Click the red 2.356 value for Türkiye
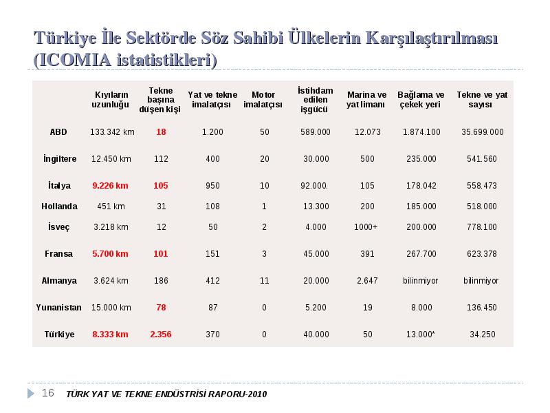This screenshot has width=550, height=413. click(x=161, y=335)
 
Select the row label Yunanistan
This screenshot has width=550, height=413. click(x=58, y=308)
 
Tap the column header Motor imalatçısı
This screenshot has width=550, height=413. click(x=263, y=100)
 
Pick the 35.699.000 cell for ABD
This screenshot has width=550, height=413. click(x=483, y=132)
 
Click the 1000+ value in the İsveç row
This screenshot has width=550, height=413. click(x=366, y=227)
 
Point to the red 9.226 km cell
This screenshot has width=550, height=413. click(x=110, y=186)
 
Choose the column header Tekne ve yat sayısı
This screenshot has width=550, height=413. click(x=482, y=100)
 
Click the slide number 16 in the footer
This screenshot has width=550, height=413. click(x=47, y=393)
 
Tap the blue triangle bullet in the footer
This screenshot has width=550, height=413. click(x=31, y=393)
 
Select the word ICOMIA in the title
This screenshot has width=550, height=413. click(x=75, y=60)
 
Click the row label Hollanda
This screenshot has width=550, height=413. click(x=59, y=206)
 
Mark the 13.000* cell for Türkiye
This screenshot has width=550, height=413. click(x=421, y=335)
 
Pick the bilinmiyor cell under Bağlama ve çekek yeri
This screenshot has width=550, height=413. click(x=421, y=281)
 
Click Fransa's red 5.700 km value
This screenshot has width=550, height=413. click(x=110, y=254)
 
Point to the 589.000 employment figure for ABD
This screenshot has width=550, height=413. click(x=316, y=132)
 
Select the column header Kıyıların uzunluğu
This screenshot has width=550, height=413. click(x=111, y=100)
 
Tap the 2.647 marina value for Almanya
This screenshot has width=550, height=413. click(x=367, y=281)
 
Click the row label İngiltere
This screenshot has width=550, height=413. click(x=60, y=159)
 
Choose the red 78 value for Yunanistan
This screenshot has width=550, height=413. click(x=161, y=308)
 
